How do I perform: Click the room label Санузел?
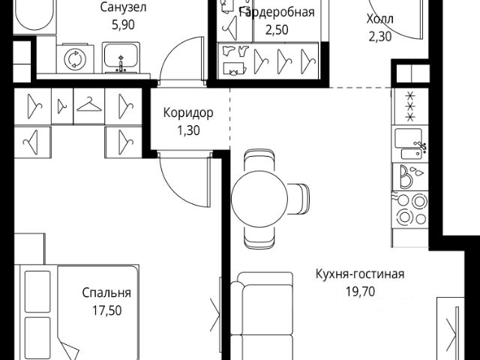pyautogui.click(x=123, y=8)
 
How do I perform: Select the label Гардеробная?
pyautogui.click(x=275, y=13)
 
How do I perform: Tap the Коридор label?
pyautogui.click(x=188, y=113)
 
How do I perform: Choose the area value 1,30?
pyautogui.click(x=188, y=129)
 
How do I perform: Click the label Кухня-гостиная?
pyautogui.click(x=360, y=274)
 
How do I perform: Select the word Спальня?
pyautogui.click(x=106, y=292)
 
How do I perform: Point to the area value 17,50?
pyautogui.click(x=106, y=308)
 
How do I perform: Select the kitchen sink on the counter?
pyautogui.click(x=411, y=142)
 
